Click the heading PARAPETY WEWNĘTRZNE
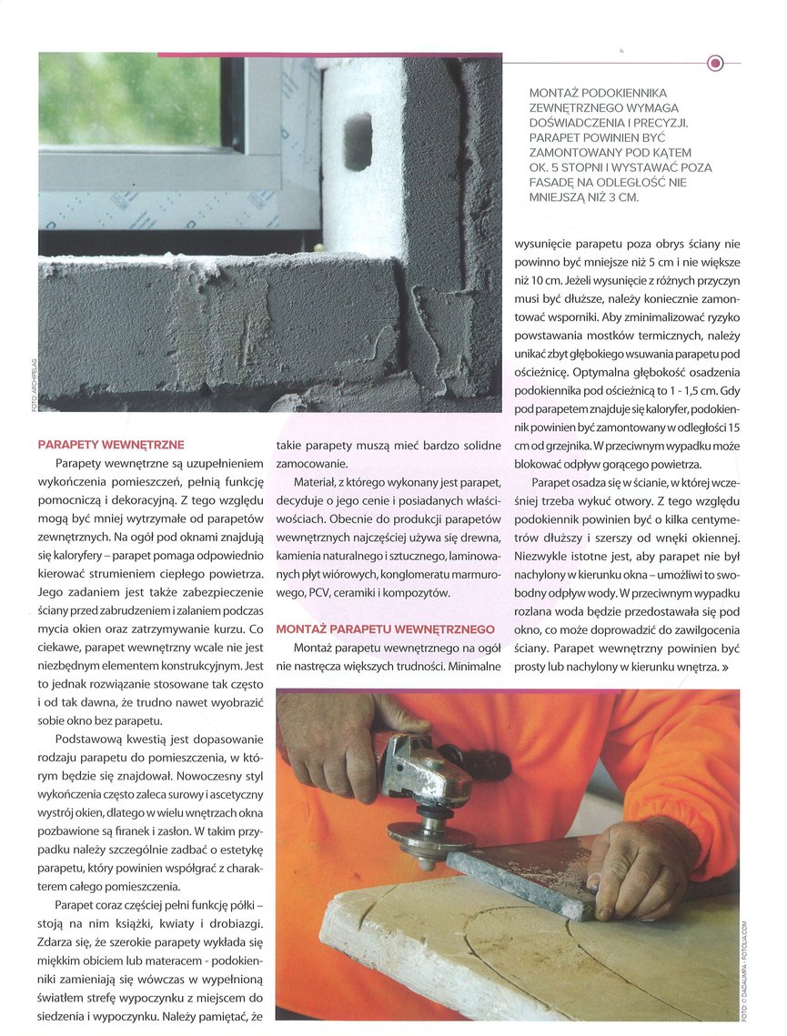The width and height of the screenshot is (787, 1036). tap(111, 445)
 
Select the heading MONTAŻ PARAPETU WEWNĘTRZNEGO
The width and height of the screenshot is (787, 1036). tap(385, 629)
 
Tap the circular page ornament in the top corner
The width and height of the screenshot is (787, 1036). tap(715, 63)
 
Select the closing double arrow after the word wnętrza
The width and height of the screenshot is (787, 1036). tap(725, 668)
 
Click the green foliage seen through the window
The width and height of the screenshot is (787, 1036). tap(127, 100)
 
